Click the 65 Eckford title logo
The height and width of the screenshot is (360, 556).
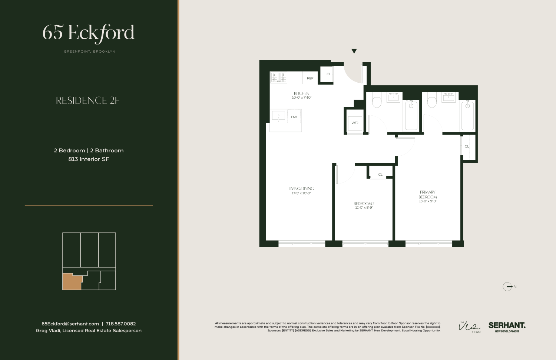89,33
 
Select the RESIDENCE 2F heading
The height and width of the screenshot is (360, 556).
88,100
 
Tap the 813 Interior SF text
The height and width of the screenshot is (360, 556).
89,159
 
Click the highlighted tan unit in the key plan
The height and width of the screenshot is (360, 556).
71,282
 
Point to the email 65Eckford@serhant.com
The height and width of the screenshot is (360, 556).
70,324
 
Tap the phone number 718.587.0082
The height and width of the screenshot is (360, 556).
121,324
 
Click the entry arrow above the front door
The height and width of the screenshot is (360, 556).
354,51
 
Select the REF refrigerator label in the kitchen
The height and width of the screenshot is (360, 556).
310,78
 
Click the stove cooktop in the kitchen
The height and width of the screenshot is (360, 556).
278,77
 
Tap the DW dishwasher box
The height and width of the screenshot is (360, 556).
294,117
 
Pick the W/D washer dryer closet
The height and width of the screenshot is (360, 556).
355,123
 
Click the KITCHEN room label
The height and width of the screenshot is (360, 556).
301,93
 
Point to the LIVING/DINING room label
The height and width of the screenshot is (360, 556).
301,189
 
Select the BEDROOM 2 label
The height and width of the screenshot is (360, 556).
364,204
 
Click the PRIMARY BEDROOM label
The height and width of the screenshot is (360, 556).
427,195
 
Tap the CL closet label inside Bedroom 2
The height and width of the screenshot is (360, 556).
380,174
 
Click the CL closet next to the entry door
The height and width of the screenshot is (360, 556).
328,74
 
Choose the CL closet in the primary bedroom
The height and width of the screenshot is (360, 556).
467,146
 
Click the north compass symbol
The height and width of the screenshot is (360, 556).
508,287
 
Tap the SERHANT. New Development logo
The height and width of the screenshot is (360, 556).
507,327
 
